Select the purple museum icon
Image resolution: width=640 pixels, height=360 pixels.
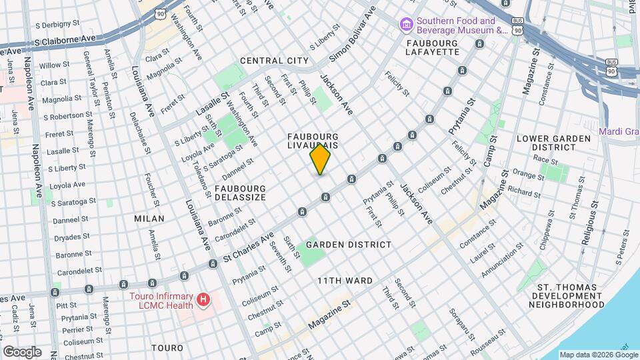405,25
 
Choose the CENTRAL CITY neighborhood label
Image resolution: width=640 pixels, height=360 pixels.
274,61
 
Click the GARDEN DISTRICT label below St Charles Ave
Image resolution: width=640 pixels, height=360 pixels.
349,245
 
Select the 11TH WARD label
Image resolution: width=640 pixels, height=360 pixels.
345,281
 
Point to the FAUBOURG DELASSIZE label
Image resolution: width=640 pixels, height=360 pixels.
240,193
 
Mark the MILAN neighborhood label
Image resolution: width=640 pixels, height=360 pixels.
149,219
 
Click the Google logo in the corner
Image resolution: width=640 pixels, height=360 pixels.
22,351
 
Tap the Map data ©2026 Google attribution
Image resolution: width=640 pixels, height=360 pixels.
598,355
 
